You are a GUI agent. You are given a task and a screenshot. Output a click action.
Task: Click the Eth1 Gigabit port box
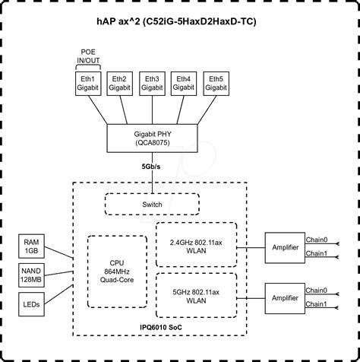88,84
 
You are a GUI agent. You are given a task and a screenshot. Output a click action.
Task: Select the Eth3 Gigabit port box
152,84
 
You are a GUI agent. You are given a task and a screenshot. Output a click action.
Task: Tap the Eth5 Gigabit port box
216,84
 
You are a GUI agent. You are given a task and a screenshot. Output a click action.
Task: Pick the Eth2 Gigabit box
120,84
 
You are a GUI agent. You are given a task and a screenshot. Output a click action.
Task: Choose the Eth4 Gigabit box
184,84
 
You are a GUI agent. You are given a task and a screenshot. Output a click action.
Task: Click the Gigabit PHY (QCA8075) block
152,138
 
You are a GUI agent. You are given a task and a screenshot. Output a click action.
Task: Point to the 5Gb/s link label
151,167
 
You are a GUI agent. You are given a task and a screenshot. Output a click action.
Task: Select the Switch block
152,205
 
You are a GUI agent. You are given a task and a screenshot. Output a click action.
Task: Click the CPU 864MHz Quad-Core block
117,271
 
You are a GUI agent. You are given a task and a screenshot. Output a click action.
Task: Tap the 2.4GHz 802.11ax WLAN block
196,245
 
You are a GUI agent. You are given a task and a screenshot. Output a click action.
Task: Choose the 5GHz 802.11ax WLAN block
196,295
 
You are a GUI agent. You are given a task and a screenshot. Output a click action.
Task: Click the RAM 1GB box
31,246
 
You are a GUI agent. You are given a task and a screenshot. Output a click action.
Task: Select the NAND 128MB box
31,275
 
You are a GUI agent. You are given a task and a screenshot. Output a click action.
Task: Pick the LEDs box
31,304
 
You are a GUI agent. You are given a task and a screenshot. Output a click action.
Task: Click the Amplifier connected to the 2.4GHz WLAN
285,248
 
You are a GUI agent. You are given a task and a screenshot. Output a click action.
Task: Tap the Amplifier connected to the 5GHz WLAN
285,298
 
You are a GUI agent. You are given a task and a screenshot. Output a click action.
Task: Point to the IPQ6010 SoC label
161,327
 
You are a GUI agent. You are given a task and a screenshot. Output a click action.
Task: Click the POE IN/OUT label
88,56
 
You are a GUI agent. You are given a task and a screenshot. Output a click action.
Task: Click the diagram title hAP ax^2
176,21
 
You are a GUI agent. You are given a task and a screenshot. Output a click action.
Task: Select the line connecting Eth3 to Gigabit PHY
152,110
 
